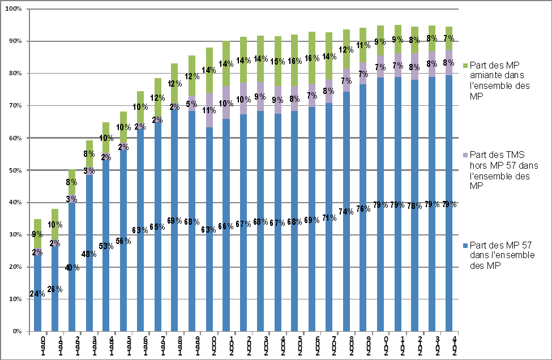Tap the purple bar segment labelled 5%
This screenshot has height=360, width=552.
(x=192, y=104)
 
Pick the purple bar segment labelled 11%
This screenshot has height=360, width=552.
(x=209, y=110)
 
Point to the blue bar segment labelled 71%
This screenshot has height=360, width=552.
(x=330, y=255)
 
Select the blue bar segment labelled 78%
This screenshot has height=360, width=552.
(x=415, y=255)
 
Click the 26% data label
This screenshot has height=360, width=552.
(x=55, y=290)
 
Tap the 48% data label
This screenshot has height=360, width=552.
(x=89, y=254)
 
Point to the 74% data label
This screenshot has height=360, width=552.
(x=346, y=212)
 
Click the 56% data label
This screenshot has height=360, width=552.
(x=123, y=241)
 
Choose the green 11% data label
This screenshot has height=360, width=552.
(x=363, y=45)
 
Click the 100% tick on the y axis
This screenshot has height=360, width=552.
(x=13, y=10)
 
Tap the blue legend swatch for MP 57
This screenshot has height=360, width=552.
(x=465, y=245)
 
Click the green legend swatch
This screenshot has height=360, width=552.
(x=465, y=66)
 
